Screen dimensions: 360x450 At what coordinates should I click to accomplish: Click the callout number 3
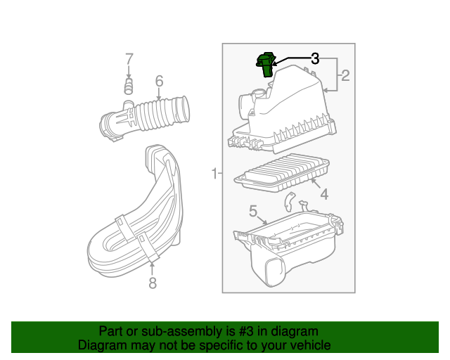pos(315,59)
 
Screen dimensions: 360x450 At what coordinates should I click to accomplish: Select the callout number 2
pos(345,76)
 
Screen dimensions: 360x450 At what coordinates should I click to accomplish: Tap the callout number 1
pos(214,173)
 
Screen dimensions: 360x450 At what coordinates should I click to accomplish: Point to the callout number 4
pos(323,193)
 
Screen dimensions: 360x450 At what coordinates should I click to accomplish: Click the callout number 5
pos(253,210)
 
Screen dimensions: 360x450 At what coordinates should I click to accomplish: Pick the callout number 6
pos(159,80)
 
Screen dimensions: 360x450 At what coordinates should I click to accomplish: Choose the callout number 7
pos(129,58)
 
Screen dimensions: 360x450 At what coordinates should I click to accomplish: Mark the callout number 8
pos(152,283)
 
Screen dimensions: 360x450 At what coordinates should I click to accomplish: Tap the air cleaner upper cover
pos(288,112)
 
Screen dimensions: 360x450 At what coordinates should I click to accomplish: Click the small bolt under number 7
pos(129,86)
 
